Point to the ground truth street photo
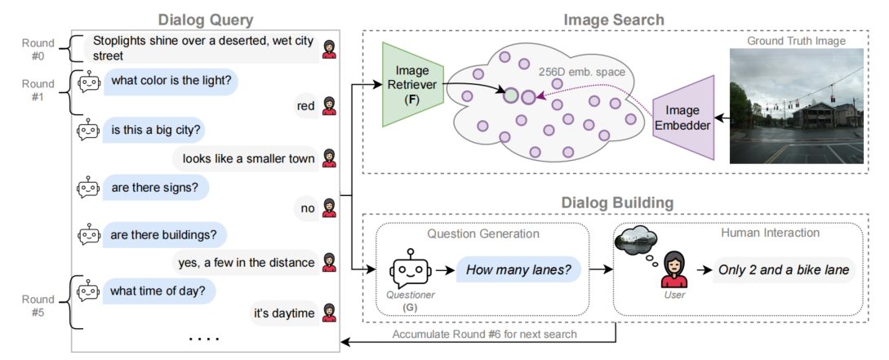click(x=796, y=106)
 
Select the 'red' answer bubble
click(x=306, y=104)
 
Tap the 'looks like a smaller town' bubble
click(x=248, y=158)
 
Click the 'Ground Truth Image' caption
click(x=795, y=41)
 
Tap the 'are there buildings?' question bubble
click(x=163, y=235)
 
